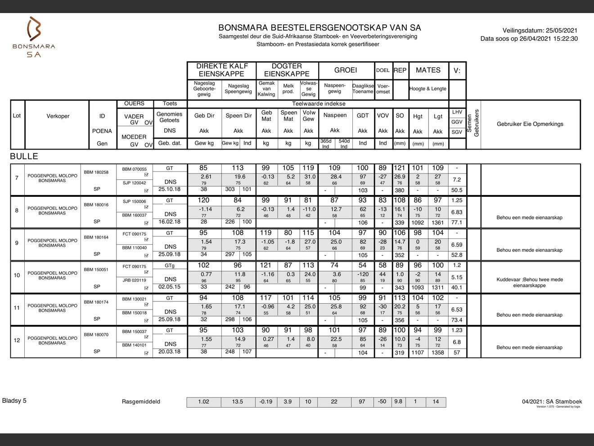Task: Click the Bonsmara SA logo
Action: (x=34, y=37)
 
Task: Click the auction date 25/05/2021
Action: (x=562, y=31)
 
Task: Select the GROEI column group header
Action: (x=346, y=70)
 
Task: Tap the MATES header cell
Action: (x=428, y=70)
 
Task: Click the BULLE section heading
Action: (x=24, y=156)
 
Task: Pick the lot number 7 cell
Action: (x=17, y=178)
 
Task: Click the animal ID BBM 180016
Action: (x=96, y=205)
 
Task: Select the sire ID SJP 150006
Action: (x=134, y=201)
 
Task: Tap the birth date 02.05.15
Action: (x=169, y=287)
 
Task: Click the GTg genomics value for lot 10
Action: (x=169, y=266)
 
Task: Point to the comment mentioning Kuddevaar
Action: (x=529, y=282)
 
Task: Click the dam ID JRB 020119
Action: (x=134, y=280)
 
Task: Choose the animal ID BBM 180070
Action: (x=96, y=335)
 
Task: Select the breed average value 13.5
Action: (x=238, y=402)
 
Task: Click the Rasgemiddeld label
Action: (x=141, y=402)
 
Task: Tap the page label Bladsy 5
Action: (x=14, y=400)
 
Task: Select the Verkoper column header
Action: (x=58, y=116)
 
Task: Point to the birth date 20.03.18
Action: (x=169, y=351)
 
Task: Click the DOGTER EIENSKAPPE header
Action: (x=287, y=70)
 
